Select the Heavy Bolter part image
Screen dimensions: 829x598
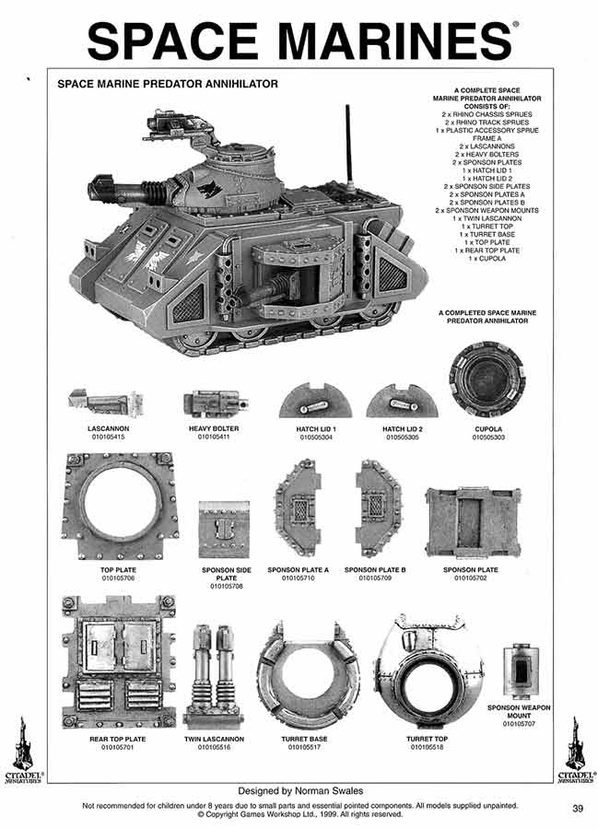pyautogui.click(x=217, y=403)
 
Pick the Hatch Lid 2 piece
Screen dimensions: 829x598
pyautogui.click(x=401, y=402)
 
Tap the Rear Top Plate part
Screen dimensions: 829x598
pyautogui.click(x=118, y=661)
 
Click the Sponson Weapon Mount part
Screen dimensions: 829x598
pyautogui.click(x=521, y=671)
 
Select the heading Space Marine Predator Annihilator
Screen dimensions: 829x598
pyautogui.click(x=168, y=84)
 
